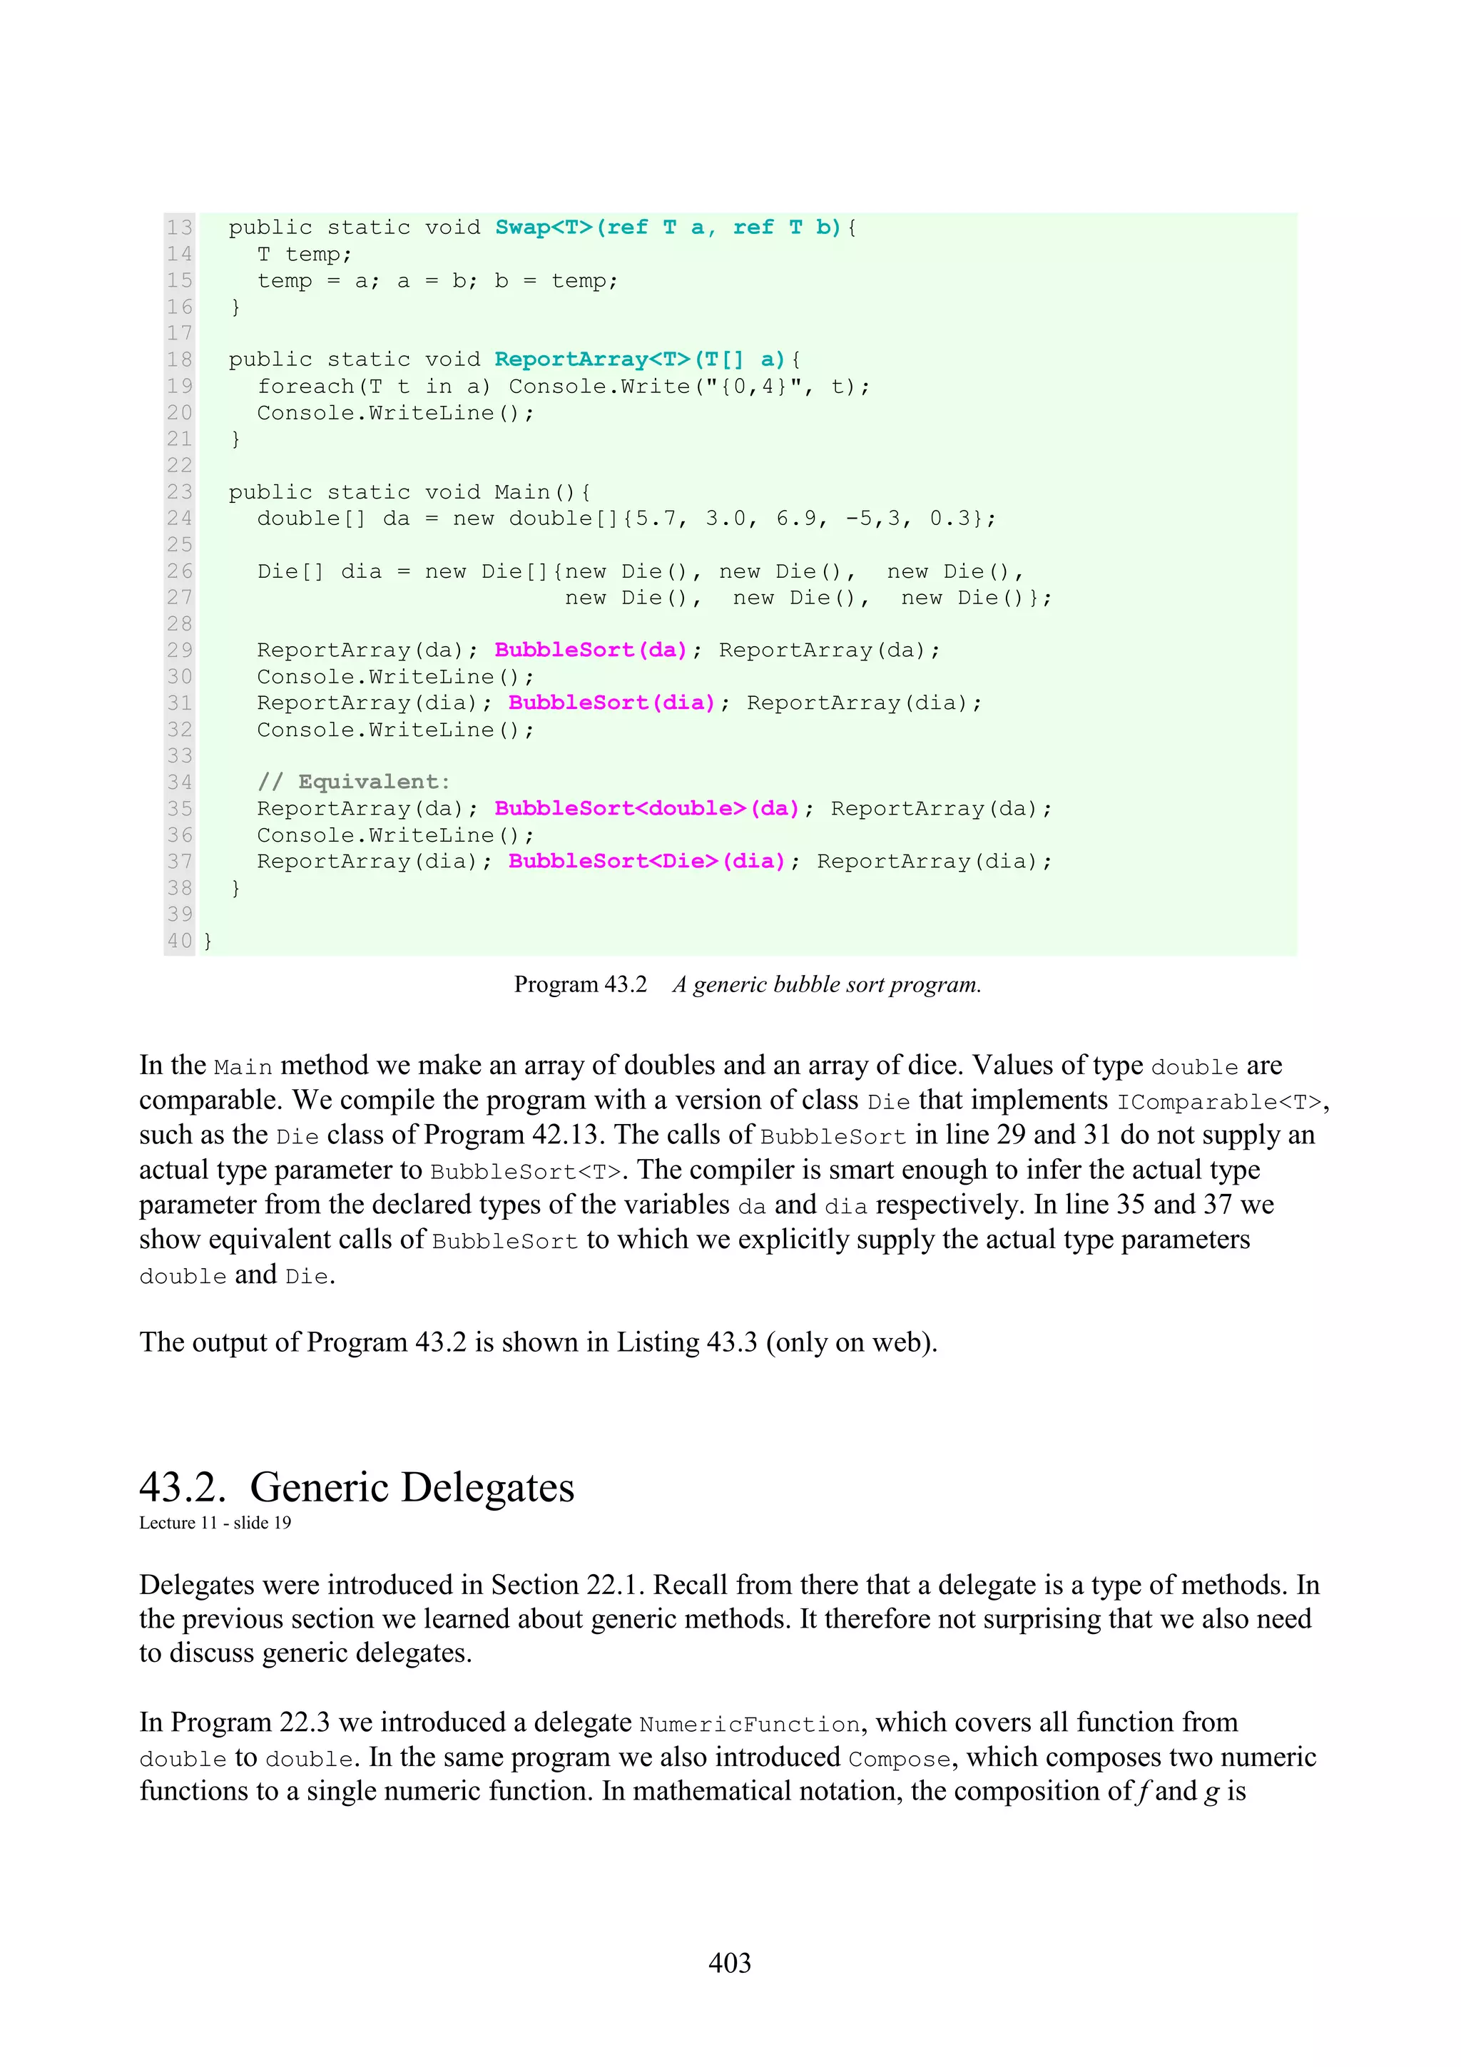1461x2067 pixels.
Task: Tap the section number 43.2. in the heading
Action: tap(183, 1486)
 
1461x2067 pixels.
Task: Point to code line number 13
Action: tap(179, 227)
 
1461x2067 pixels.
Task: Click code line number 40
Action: tap(179, 941)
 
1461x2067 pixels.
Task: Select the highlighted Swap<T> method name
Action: tap(544, 227)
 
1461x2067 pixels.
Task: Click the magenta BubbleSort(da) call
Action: tap(591, 650)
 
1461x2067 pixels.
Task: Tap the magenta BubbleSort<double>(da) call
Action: tap(646, 808)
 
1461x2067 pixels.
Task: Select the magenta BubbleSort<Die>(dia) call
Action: tap(646, 862)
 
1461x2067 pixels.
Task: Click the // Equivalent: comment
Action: tap(354, 782)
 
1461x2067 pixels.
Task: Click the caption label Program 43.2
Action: tap(581, 984)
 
